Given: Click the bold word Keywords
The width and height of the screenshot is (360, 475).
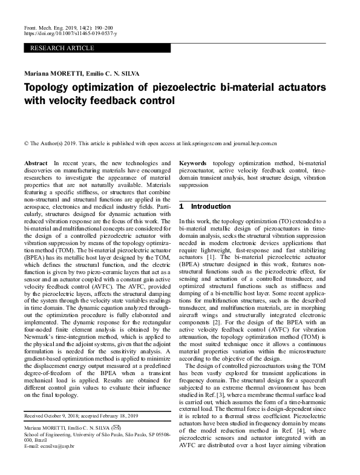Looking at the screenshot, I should point(194,164).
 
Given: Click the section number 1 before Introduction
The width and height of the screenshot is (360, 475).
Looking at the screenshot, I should point(182,206).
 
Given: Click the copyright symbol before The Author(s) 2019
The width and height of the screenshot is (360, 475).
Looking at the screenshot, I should point(26,145).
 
